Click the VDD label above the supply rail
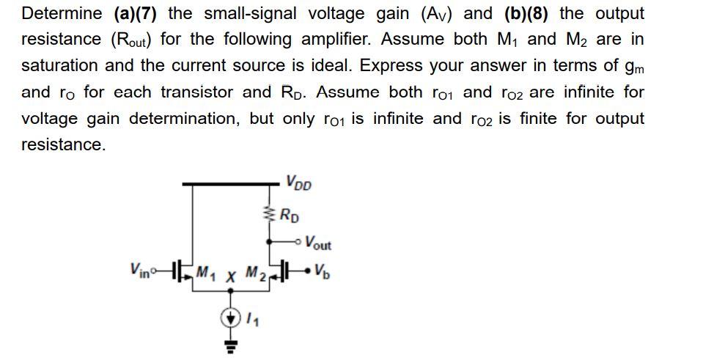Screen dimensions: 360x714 (299, 182)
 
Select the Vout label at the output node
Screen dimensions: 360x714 (317, 243)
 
